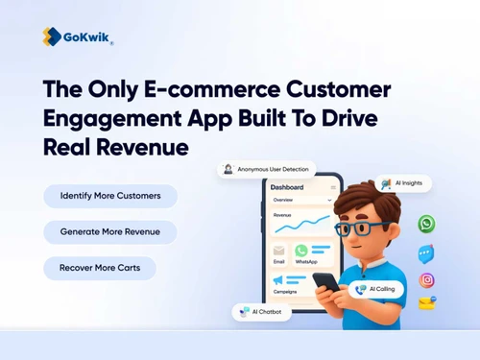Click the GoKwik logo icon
52,36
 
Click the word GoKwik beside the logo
86,36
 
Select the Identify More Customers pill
110,196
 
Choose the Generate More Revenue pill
110,231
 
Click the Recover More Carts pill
100,268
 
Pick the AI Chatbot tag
261,312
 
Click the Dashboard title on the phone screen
287,187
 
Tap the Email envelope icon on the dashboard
279,251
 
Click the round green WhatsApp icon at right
426,224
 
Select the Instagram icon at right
426,280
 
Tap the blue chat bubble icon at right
426,253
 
